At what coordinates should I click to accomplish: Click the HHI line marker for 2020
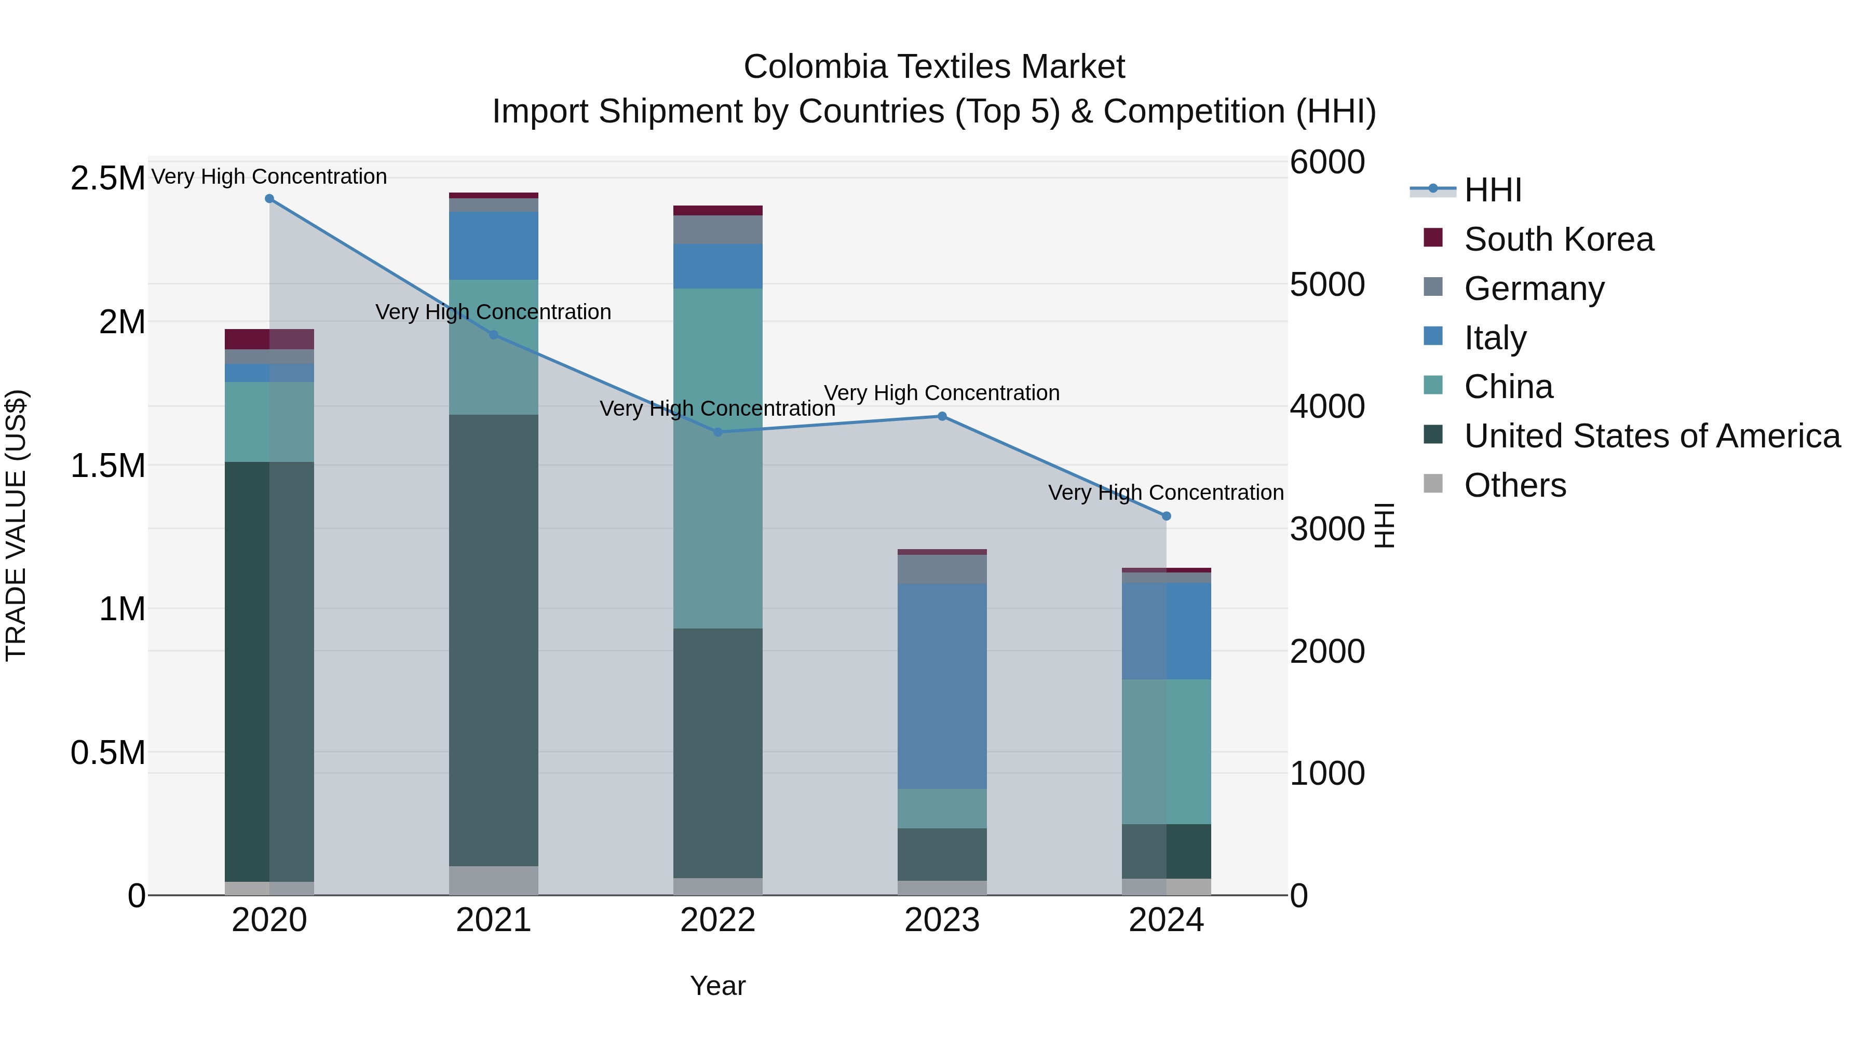pos(269,199)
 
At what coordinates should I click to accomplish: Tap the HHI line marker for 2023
pos(942,416)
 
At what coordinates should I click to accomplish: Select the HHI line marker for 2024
pos(1166,516)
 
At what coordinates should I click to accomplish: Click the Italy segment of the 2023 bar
pos(942,686)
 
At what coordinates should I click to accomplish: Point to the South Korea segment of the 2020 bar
pos(269,339)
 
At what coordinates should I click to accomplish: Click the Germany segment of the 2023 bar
pos(942,569)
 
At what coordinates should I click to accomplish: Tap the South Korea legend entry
pos(1559,239)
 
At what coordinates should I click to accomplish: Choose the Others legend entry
pos(1515,485)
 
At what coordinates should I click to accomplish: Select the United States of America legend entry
pos(1651,436)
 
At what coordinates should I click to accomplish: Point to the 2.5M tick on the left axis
pos(107,179)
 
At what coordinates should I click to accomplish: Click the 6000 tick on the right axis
pos(1327,162)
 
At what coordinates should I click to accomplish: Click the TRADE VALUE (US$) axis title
pos(16,525)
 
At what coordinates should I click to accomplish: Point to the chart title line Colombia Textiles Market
pos(934,67)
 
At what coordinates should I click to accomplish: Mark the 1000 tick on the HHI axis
pos(1327,773)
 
